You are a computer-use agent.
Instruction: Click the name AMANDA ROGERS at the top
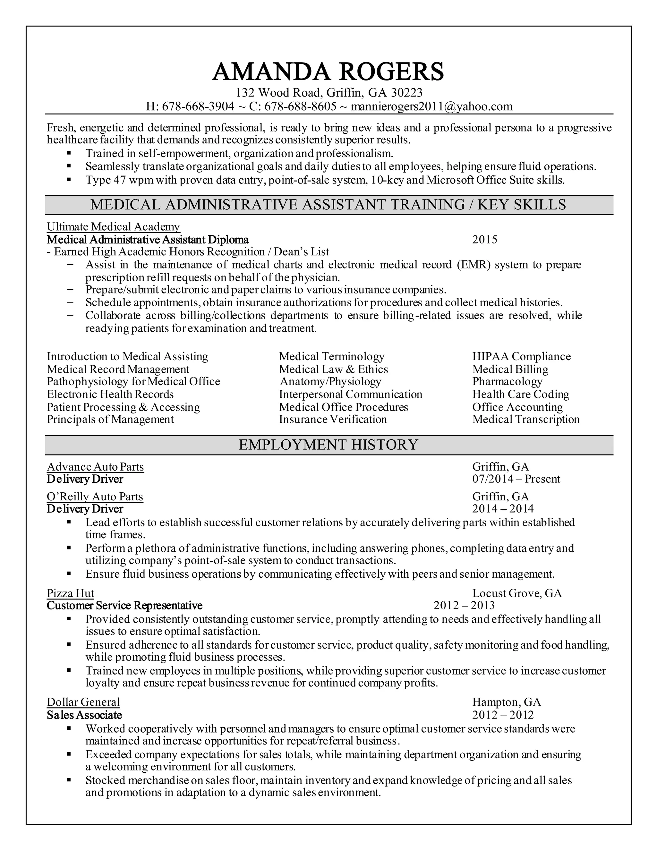coord(328,71)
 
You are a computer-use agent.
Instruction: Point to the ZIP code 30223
coord(407,93)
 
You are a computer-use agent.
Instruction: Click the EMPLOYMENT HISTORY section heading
coord(328,445)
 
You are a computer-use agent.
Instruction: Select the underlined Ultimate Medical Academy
coord(113,226)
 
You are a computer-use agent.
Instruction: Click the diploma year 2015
coord(485,239)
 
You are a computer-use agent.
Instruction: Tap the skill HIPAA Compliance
coord(521,356)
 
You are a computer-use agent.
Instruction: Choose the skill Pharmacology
coord(507,381)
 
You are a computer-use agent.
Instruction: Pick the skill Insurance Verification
coord(333,419)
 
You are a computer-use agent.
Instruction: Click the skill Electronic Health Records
coord(110,394)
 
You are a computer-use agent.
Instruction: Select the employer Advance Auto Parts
coord(95,467)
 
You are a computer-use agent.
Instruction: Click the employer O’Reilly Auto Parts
coord(95,497)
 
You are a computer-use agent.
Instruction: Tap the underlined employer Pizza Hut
coord(71,593)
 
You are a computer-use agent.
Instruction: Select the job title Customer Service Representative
coord(124,606)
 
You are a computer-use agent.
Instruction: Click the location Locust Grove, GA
coord(517,593)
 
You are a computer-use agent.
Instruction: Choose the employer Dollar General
coord(83,702)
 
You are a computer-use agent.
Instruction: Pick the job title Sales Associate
coord(84,715)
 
